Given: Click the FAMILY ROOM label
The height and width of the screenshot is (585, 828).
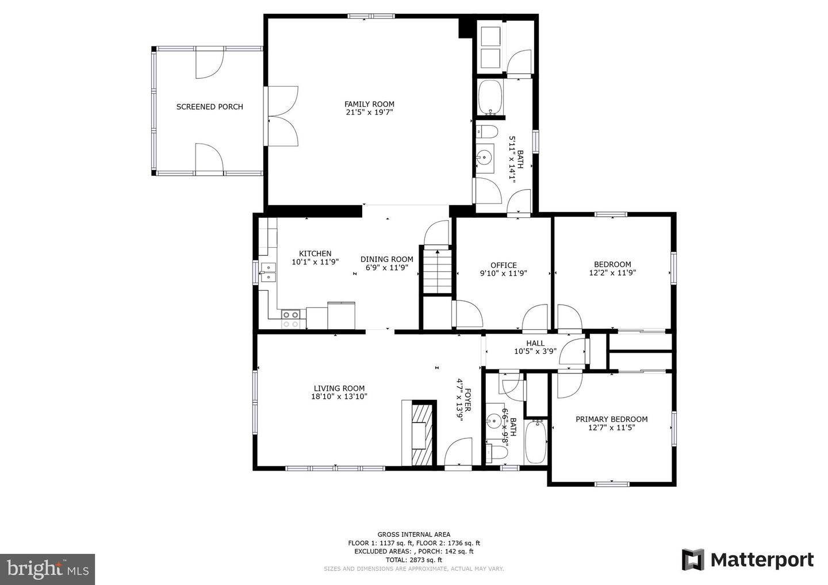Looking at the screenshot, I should (369, 104).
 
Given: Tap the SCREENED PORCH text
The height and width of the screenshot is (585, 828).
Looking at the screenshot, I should (209, 106).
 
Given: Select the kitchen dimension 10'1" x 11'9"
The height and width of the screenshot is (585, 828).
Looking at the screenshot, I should (315, 261).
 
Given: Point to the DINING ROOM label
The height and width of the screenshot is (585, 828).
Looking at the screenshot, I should (386, 259).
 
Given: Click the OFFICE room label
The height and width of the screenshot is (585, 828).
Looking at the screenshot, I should (503, 265).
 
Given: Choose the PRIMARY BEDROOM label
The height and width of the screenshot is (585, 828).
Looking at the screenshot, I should (611, 419).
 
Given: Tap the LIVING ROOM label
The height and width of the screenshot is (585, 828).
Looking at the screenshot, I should (339, 388).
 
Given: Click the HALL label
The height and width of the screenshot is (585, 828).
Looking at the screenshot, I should (535, 343).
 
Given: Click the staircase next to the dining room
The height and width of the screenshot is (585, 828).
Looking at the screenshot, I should (437, 270).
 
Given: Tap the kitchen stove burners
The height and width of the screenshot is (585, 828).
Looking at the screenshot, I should (290, 319).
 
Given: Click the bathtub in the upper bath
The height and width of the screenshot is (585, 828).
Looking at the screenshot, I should (490, 98).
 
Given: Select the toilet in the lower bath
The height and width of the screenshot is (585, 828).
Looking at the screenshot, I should (496, 452).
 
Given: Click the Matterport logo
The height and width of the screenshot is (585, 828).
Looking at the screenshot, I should (747, 559).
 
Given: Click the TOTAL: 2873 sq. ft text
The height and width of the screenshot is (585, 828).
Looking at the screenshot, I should (413, 559).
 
